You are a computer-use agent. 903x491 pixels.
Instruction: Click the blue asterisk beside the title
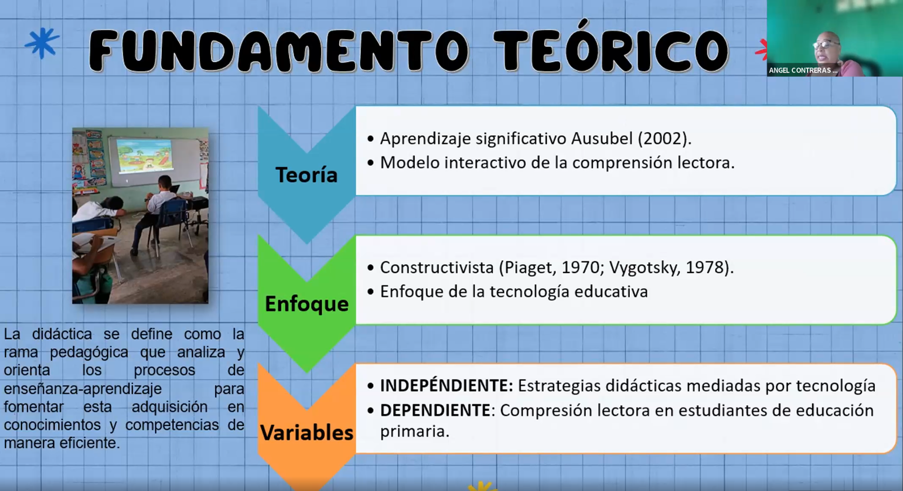(42, 42)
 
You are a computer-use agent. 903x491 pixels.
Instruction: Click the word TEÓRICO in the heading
(611, 50)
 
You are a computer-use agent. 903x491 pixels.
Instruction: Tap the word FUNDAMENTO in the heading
(279, 51)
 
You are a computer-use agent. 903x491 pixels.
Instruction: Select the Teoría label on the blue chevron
(306, 174)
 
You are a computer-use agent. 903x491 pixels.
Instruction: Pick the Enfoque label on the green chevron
(306, 304)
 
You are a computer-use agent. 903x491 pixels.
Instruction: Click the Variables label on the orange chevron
(306, 432)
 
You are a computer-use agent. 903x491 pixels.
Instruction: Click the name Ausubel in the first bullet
(602, 138)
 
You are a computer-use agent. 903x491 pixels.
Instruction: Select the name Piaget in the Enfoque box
(528, 268)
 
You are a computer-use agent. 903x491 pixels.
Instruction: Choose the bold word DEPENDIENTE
(435, 410)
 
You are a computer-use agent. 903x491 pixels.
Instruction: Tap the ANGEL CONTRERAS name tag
(803, 70)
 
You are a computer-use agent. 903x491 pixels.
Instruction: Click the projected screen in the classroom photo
(144, 155)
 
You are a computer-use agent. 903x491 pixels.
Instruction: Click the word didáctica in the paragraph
(62, 334)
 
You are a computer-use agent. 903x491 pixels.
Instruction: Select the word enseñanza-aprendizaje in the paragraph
(82, 389)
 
